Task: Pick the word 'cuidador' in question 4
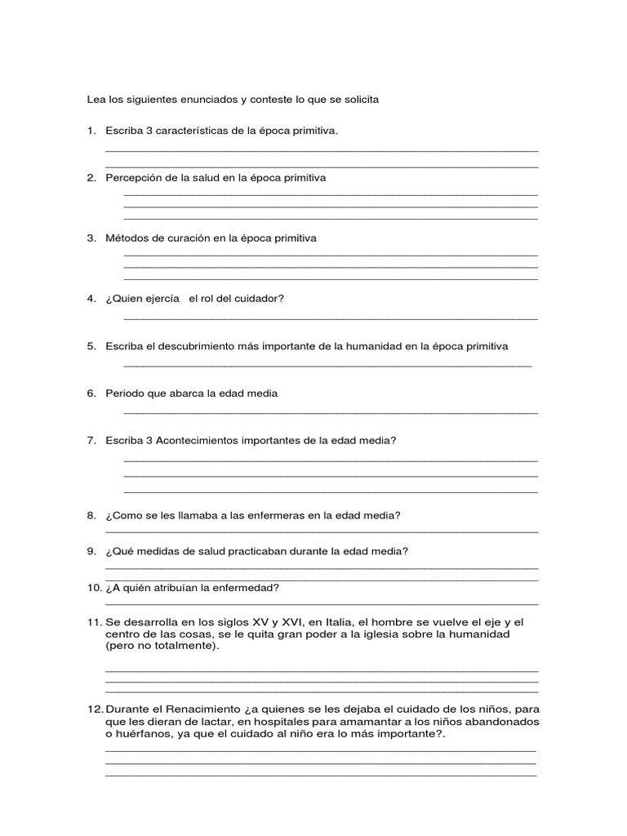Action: (x=258, y=299)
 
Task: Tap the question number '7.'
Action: (x=92, y=441)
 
